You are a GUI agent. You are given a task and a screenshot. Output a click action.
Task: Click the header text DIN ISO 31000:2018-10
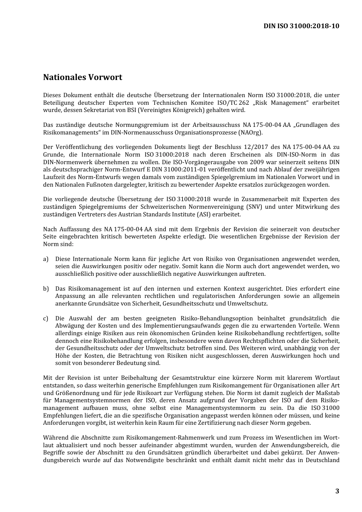click(x=301, y=26)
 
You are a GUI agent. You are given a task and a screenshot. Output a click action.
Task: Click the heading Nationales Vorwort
click(x=83, y=77)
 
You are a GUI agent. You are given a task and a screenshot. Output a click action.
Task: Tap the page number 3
click(x=337, y=491)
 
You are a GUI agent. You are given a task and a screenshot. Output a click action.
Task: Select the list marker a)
click(x=46, y=259)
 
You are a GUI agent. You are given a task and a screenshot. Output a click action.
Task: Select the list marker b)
click(x=46, y=289)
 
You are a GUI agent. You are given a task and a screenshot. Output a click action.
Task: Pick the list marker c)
click(x=46, y=318)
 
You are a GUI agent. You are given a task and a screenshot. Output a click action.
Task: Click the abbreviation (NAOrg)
click(x=250, y=133)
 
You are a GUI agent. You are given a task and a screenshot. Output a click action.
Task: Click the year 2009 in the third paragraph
click(x=256, y=162)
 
